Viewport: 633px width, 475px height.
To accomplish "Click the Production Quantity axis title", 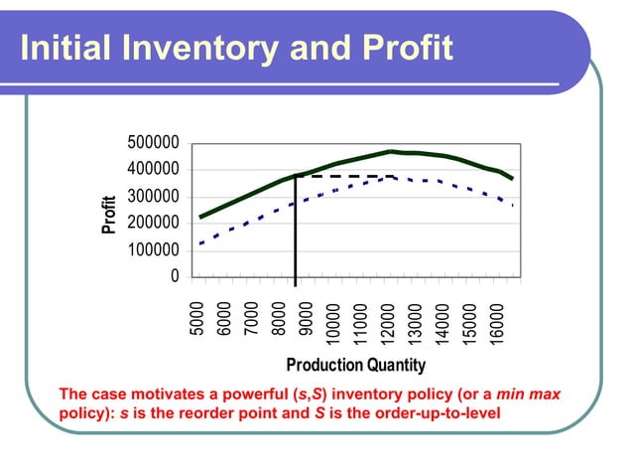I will tap(355, 365).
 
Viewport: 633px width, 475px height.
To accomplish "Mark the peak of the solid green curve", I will tap(391, 152).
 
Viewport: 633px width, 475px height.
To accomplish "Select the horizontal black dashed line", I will tap(342, 176).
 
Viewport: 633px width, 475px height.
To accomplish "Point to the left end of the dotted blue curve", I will tap(201, 242).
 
